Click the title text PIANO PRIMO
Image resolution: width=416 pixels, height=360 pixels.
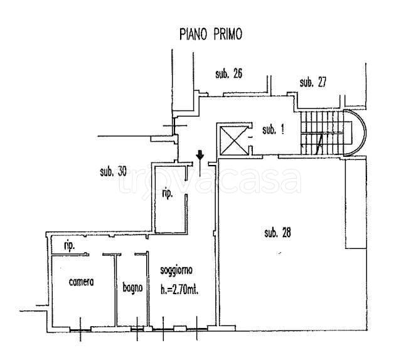tap(210, 33)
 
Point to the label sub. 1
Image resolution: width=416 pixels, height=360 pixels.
tap(273, 130)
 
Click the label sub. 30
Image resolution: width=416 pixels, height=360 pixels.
tap(114, 171)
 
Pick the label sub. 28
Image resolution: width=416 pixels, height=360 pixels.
tap(277, 233)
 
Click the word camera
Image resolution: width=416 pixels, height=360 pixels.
tap(82, 282)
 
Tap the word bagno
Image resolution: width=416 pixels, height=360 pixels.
tap(132, 288)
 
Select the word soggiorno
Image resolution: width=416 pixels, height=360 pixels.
tap(176, 270)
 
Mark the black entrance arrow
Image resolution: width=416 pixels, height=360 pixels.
tap(199, 155)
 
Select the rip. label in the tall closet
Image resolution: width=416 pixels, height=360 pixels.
tap(168, 195)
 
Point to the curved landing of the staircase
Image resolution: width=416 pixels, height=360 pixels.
tap(359, 132)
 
